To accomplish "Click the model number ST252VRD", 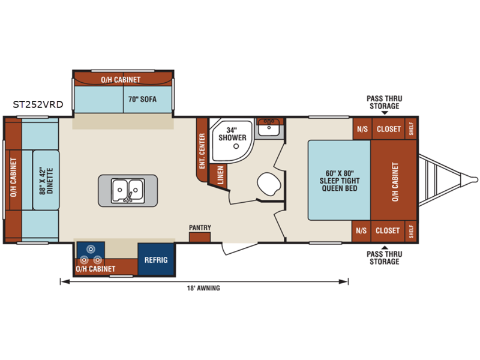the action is tap(38, 104).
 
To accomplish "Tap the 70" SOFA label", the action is tap(142, 99).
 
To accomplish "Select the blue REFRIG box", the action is tap(156, 259).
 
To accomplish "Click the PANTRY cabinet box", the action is tap(200, 237).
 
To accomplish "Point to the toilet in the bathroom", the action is tap(269, 184).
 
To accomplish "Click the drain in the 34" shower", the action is tap(236, 146).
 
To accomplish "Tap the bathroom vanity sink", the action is tap(269, 127).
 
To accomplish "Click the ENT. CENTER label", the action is tap(202, 151).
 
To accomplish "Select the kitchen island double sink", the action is tap(128, 191).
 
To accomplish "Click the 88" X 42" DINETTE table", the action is tap(46, 180).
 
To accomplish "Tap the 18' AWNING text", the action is tap(203, 288).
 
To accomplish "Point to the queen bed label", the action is tap(340, 181).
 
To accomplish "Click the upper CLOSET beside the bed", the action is tap(388, 129).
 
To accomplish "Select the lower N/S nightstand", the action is tap(361, 231).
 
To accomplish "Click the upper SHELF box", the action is tap(411, 129).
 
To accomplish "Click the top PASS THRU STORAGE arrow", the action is tap(385, 113).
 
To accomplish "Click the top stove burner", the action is tap(91, 249).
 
